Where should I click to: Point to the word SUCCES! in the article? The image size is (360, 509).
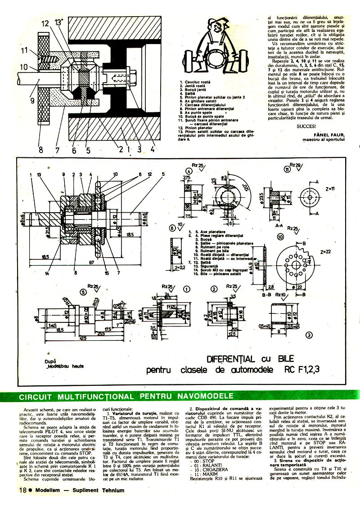pyautogui.click(x=306, y=125)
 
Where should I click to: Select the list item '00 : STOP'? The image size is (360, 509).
pyautogui.click(x=202, y=461)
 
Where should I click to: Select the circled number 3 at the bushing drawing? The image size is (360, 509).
pyautogui.click(x=309, y=335)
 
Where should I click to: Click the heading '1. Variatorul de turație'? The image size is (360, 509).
pyautogui.click(x=130, y=413)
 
